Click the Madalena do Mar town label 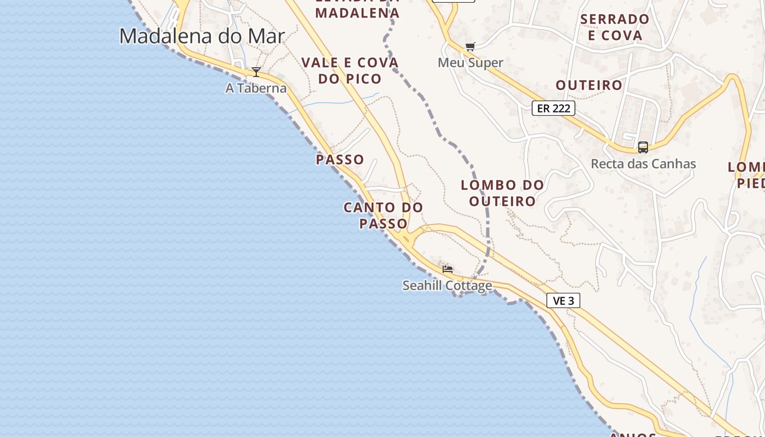202,36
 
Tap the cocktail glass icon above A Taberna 256,72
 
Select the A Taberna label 256,88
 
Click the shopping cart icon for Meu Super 470,47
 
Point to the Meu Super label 470,63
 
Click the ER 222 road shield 554,108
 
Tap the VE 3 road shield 563,300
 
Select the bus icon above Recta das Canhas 643,147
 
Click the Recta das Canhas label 643,164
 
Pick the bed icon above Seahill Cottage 448,269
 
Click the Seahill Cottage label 447,286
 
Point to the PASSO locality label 340,160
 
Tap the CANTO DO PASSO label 383,215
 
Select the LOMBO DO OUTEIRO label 502,193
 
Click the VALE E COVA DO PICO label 350,70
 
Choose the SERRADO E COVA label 615,27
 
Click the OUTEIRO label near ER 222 589,85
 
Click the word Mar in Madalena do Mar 267,36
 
